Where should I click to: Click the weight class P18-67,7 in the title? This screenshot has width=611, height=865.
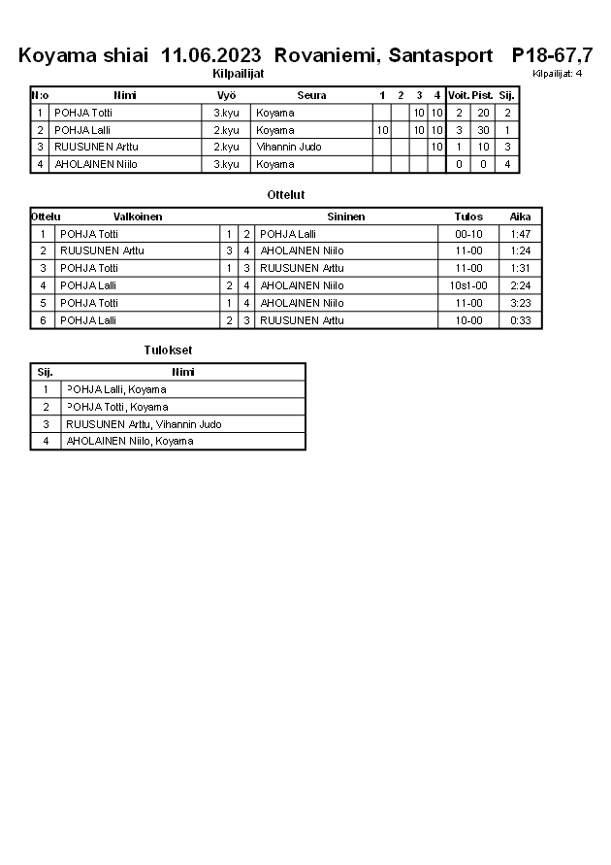552,55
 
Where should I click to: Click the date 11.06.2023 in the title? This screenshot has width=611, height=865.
213,55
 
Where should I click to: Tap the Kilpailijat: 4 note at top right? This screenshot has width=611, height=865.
557,73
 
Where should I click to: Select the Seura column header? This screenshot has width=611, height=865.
311,95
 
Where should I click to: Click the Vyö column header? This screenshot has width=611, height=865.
226,95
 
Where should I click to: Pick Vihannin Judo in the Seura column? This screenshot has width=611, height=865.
289,147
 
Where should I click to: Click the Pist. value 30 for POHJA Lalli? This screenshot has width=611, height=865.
483,130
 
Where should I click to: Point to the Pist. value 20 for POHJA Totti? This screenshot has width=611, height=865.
483,113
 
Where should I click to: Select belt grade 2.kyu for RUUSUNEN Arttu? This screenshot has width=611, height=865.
226,147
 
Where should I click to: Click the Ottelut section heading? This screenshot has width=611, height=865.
285,195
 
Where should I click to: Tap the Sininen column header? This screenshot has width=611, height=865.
345,216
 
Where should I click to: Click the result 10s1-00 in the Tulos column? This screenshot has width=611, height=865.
468,285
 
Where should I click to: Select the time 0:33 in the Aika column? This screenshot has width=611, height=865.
520,320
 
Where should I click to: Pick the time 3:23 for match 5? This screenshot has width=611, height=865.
520,303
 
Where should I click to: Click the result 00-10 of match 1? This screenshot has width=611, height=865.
468,234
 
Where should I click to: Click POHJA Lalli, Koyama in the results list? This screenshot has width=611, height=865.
116,389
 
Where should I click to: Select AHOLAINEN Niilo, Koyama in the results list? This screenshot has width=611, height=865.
129,441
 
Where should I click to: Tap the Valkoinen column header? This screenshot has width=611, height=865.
138,216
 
